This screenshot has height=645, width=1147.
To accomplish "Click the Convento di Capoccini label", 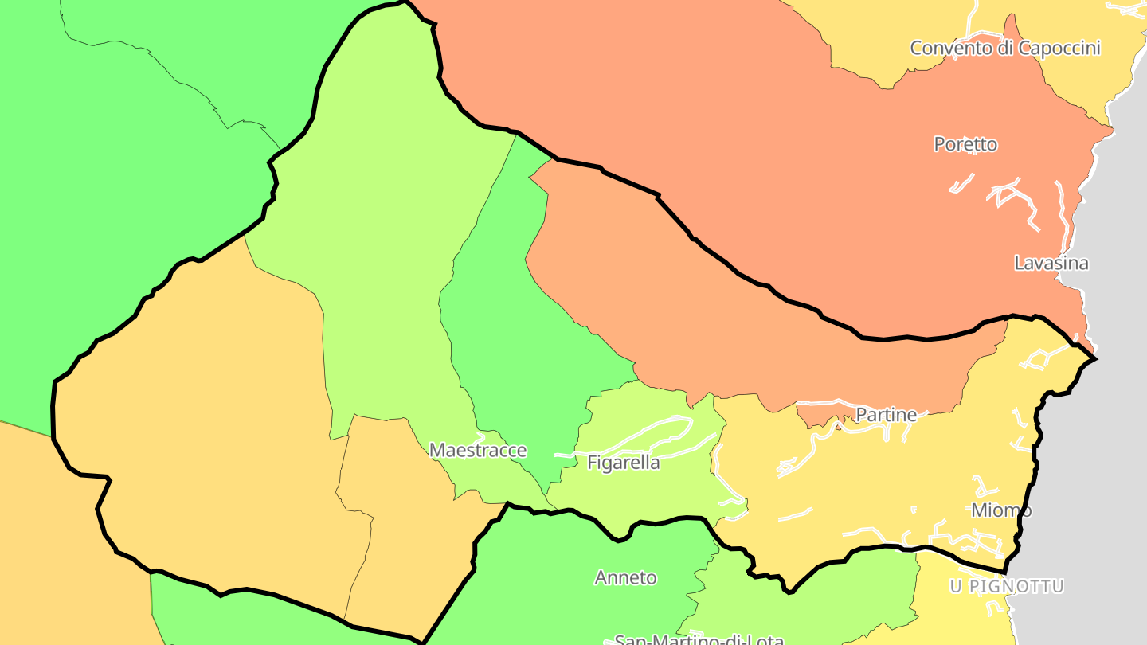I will [1005, 48].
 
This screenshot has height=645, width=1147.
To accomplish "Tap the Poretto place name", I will [965, 144].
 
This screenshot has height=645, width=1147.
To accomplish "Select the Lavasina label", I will [1051, 263].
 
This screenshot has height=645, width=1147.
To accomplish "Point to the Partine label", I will [886, 414].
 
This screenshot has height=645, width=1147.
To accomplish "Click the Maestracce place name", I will [478, 450].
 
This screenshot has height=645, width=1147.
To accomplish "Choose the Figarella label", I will [623, 463].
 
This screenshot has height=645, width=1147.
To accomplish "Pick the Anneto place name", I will [626, 577].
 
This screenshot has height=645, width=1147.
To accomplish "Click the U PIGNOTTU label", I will [1007, 587].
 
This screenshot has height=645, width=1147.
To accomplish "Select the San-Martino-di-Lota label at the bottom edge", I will [699, 639].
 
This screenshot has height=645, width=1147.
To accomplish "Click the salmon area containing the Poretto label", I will [797, 119].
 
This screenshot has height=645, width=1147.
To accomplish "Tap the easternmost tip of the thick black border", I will [1096, 359].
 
